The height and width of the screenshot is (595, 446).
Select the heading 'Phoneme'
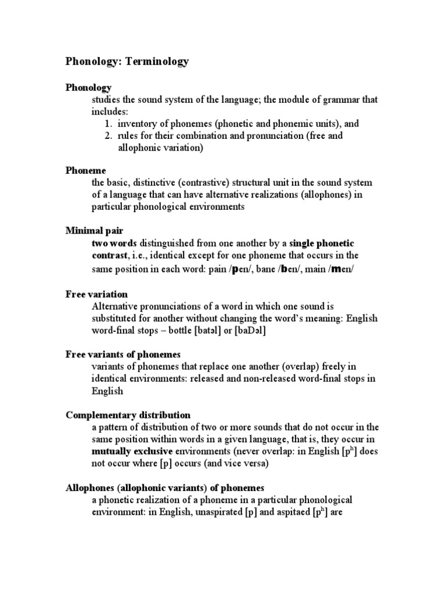[85, 170]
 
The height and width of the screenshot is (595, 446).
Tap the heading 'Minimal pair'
[94, 230]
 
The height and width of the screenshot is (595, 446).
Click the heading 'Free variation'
[96, 294]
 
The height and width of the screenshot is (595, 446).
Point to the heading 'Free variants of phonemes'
[123, 354]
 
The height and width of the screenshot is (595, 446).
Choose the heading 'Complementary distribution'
[128, 415]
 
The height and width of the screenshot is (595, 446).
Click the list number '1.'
[109, 124]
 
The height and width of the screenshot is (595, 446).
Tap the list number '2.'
[109, 136]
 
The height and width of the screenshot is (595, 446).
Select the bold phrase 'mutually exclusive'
[128, 451]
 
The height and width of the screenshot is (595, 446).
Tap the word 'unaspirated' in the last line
[213, 512]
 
